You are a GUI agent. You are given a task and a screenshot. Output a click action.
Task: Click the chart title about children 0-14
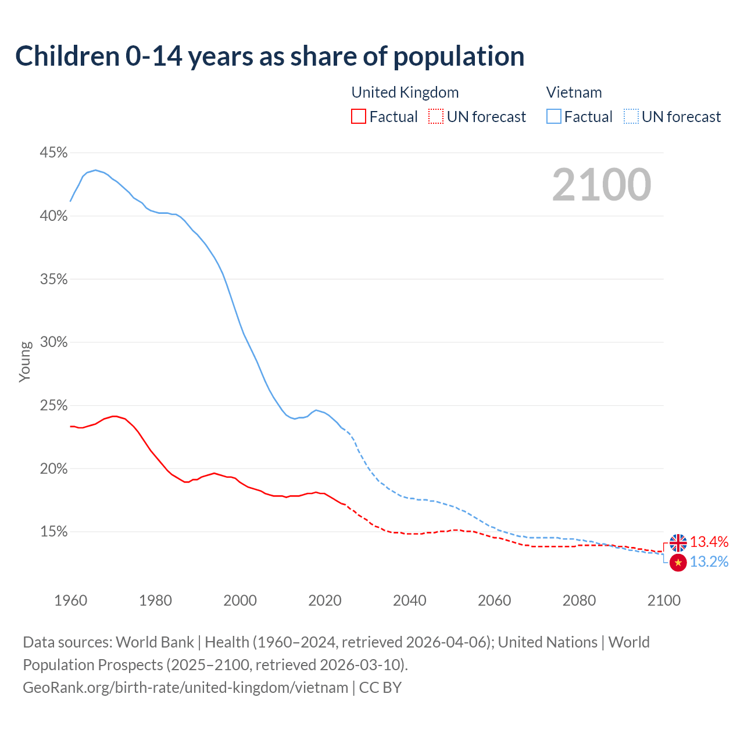[x=270, y=56]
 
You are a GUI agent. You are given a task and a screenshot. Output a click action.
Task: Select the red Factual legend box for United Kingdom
[x=359, y=117]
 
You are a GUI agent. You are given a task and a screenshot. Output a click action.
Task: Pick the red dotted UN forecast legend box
[x=436, y=117]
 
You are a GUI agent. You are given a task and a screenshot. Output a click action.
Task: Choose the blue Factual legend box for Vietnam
[x=554, y=117]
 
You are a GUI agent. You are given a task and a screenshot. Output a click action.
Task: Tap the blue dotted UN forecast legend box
[x=631, y=117]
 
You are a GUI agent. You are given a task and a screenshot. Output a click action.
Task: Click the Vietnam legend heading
[x=574, y=92]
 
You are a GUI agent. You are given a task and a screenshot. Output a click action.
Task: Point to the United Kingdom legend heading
[x=405, y=92]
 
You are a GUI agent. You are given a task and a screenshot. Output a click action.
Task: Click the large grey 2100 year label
[x=602, y=185]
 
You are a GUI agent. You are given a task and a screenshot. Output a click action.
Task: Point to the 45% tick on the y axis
[x=53, y=153]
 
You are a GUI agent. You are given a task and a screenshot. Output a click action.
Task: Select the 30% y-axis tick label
[x=53, y=342]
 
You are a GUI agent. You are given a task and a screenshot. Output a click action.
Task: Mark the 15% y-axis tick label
[x=53, y=532]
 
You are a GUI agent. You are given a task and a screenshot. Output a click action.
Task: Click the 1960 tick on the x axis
[x=70, y=600]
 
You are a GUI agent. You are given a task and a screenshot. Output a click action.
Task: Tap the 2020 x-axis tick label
[x=325, y=600]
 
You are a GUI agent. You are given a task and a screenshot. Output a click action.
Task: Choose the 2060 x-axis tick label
[x=494, y=600]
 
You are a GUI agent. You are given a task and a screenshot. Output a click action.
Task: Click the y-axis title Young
[x=25, y=362]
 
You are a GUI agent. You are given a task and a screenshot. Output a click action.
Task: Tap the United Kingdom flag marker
[x=678, y=543]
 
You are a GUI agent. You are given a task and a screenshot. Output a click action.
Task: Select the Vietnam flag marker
[x=678, y=562]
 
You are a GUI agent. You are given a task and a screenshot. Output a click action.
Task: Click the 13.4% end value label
[x=709, y=542]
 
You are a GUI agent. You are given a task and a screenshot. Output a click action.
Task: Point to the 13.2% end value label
[x=709, y=561]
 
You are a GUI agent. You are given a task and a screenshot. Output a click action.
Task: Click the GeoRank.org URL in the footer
[x=185, y=687]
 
